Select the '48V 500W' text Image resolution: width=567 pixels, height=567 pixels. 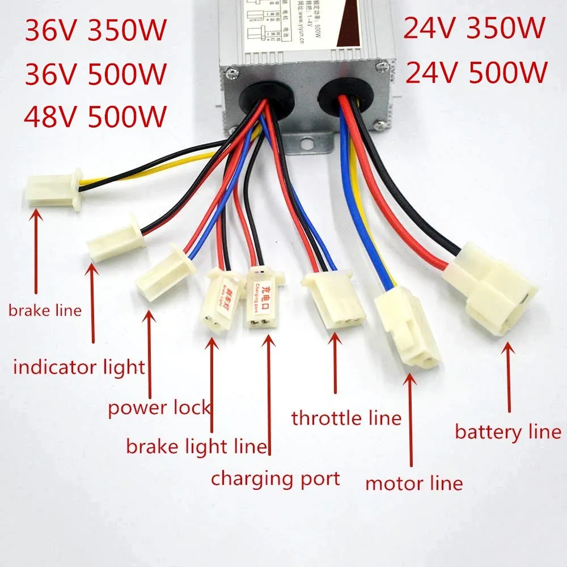[95, 116]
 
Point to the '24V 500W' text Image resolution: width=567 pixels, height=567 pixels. [475, 72]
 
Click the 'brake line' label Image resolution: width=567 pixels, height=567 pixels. [45, 310]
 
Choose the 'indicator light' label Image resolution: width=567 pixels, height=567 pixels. [79, 367]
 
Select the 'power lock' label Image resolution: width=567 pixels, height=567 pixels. [159, 408]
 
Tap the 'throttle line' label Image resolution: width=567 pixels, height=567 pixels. [346, 418]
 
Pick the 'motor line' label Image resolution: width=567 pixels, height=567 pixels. [414, 483]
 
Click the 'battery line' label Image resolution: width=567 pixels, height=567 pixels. [508, 433]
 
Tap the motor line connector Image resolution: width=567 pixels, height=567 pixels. [407, 325]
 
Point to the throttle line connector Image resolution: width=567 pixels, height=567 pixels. [335, 299]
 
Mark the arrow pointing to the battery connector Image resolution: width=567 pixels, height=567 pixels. [509, 376]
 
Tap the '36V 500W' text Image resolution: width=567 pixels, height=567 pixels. [95, 74]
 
